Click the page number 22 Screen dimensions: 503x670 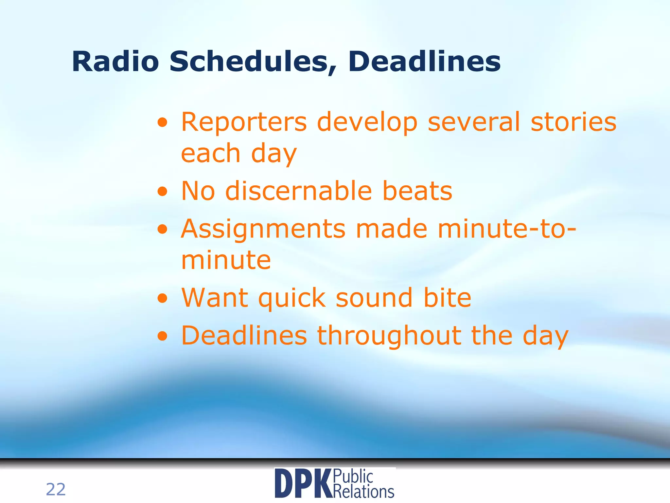coord(56,489)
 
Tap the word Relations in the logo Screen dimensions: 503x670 coord(363,492)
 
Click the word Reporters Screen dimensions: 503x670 coord(244,122)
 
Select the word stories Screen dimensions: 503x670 coord(573,122)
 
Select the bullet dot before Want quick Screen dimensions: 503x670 coord(162,299)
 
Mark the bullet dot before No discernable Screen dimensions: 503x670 coord(162,192)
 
